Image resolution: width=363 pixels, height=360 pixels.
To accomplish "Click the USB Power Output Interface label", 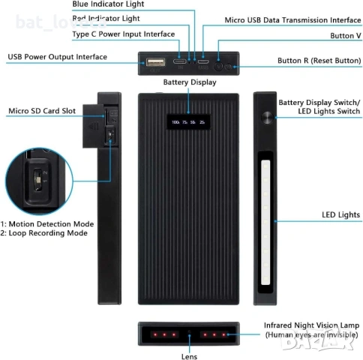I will coord(57,56).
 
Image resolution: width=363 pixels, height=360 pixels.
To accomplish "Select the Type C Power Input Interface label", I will coord(123,34).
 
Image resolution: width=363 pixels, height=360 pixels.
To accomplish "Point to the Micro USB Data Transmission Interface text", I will coord(292,19).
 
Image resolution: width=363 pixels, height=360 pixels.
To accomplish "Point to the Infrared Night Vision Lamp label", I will coord(310,326).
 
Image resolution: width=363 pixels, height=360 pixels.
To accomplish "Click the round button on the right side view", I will coord(265,118).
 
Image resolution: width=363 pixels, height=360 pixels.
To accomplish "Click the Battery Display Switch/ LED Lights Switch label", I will coord(319,106).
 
